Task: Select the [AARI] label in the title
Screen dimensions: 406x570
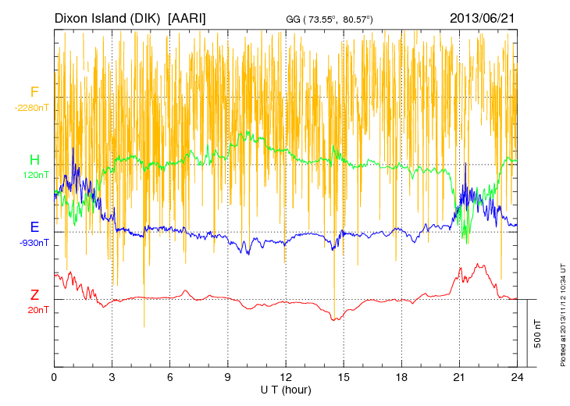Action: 187,17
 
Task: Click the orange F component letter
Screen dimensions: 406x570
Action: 34,93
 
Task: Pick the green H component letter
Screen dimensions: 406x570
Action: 34,160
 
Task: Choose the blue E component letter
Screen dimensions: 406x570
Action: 34,227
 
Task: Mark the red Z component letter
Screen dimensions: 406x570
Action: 34,295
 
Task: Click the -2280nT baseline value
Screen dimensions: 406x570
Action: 32,108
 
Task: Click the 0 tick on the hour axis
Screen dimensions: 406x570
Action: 54,376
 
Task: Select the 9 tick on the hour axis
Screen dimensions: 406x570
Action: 228,376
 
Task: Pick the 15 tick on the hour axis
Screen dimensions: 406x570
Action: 344,376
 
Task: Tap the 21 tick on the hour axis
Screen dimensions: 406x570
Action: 459,376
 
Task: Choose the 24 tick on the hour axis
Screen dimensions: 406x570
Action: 517,376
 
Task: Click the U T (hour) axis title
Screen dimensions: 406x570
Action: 286,389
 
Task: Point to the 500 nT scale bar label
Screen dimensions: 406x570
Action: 538,333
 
